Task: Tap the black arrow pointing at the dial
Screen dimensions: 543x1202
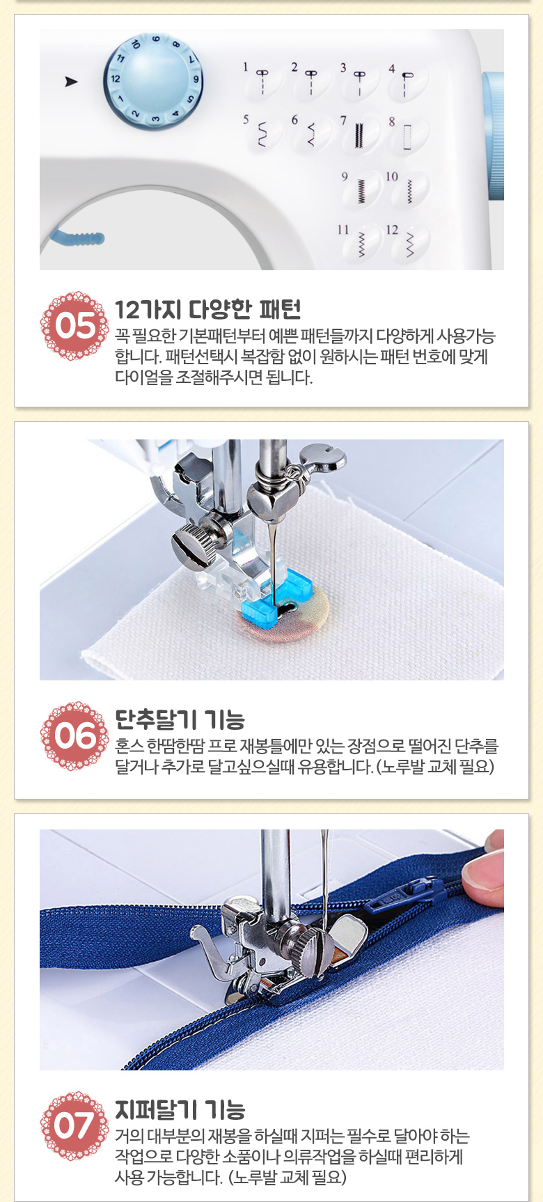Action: [x=71, y=81]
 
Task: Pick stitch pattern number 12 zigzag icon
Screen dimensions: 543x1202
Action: [x=409, y=242]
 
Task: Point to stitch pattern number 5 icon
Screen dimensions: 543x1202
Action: [x=262, y=133]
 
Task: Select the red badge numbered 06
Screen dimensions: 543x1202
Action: [x=74, y=736]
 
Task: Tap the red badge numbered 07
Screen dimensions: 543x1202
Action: [x=74, y=1126]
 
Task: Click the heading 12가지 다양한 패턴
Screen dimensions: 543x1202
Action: [x=207, y=310]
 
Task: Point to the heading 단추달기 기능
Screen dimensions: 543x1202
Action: [x=180, y=719]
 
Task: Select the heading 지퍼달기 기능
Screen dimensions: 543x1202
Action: [x=180, y=1109]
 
